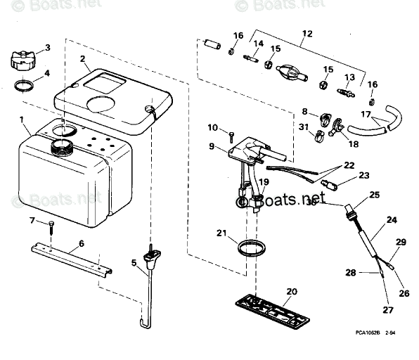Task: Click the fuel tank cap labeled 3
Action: (x=24, y=58)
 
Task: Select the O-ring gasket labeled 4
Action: (x=24, y=86)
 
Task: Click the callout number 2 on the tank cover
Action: (x=82, y=60)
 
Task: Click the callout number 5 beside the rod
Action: (x=134, y=264)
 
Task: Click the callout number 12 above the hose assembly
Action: (x=307, y=33)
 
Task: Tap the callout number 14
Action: (x=259, y=44)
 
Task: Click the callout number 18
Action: (x=353, y=143)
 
